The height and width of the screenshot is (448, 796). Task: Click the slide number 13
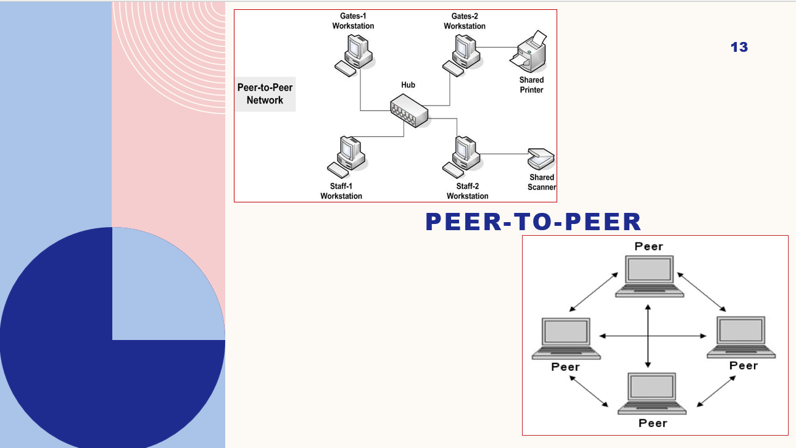pyautogui.click(x=739, y=47)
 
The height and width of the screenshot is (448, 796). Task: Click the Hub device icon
pyautogui.click(x=408, y=111)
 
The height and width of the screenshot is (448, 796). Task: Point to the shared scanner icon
pyautogui.click(x=541, y=159)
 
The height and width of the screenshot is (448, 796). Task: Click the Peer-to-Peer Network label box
pyautogui.click(x=265, y=94)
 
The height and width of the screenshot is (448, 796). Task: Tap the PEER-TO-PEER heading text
pyautogui.click(x=533, y=222)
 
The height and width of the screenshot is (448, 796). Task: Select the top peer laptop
pyautogui.click(x=649, y=275)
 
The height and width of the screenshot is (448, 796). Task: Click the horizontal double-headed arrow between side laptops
pyautogui.click(x=653, y=336)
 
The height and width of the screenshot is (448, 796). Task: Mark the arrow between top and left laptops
pyautogui.click(x=593, y=291)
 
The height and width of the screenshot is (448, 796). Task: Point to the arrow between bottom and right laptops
pyautogui.click(x=716, y=391)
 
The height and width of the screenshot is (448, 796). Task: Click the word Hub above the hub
pyautogui.click(x=408, y=85)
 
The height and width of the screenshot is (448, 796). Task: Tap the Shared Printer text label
pyautogui.click(x=531, y=85)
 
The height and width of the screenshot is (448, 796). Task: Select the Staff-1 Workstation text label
pyautogui.click(x=341, y=191)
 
